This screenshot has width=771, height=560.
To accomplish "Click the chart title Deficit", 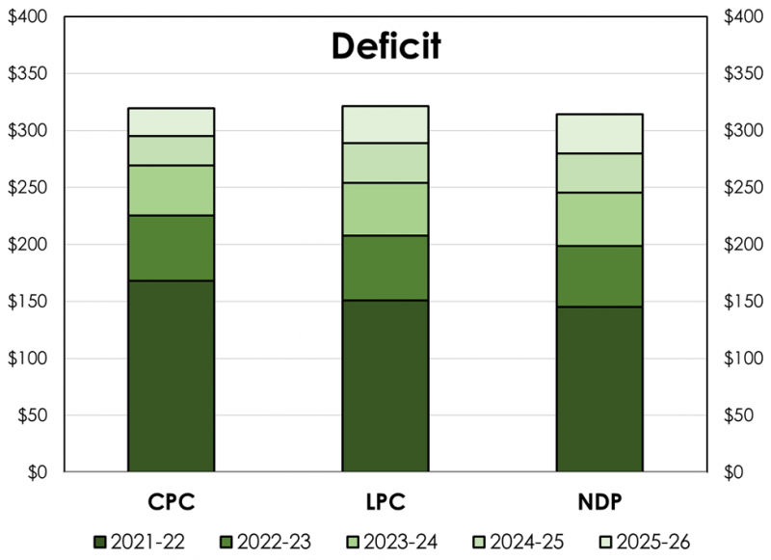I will [x=385, y=46].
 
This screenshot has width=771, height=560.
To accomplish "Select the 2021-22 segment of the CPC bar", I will [x=172, y=376].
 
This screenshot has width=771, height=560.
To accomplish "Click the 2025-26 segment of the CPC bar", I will [x=172, y=122].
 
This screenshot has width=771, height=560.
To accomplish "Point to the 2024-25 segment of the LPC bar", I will [x=385, y=163].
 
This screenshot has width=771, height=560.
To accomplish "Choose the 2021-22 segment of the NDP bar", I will [x=599, y=389].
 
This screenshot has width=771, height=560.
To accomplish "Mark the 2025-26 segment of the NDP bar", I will [x=599, y=134].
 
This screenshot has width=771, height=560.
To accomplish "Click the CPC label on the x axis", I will [x=172, y=503].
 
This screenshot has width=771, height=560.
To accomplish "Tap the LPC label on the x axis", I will [x=385, y=503].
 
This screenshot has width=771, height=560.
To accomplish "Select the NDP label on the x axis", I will [x=599, y=503].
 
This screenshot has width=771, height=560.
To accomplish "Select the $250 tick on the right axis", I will [x=742, y=188].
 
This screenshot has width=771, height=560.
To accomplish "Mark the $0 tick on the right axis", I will [x=734, y=472].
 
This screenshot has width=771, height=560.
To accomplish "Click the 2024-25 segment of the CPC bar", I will [x=172, y=150].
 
